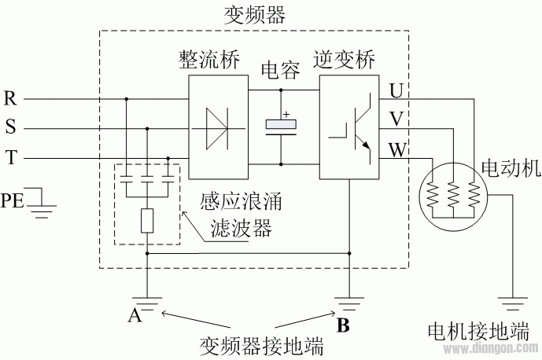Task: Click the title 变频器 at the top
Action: [254, 14]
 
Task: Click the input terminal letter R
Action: [10, 98]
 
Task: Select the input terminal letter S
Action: [9, 127]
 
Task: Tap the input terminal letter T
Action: [10, 157]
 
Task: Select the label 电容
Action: [282, 72]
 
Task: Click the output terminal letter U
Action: [395, 90]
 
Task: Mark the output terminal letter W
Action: [396, 148]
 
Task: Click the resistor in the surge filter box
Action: [147, 222]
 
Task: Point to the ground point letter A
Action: [135, 316]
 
